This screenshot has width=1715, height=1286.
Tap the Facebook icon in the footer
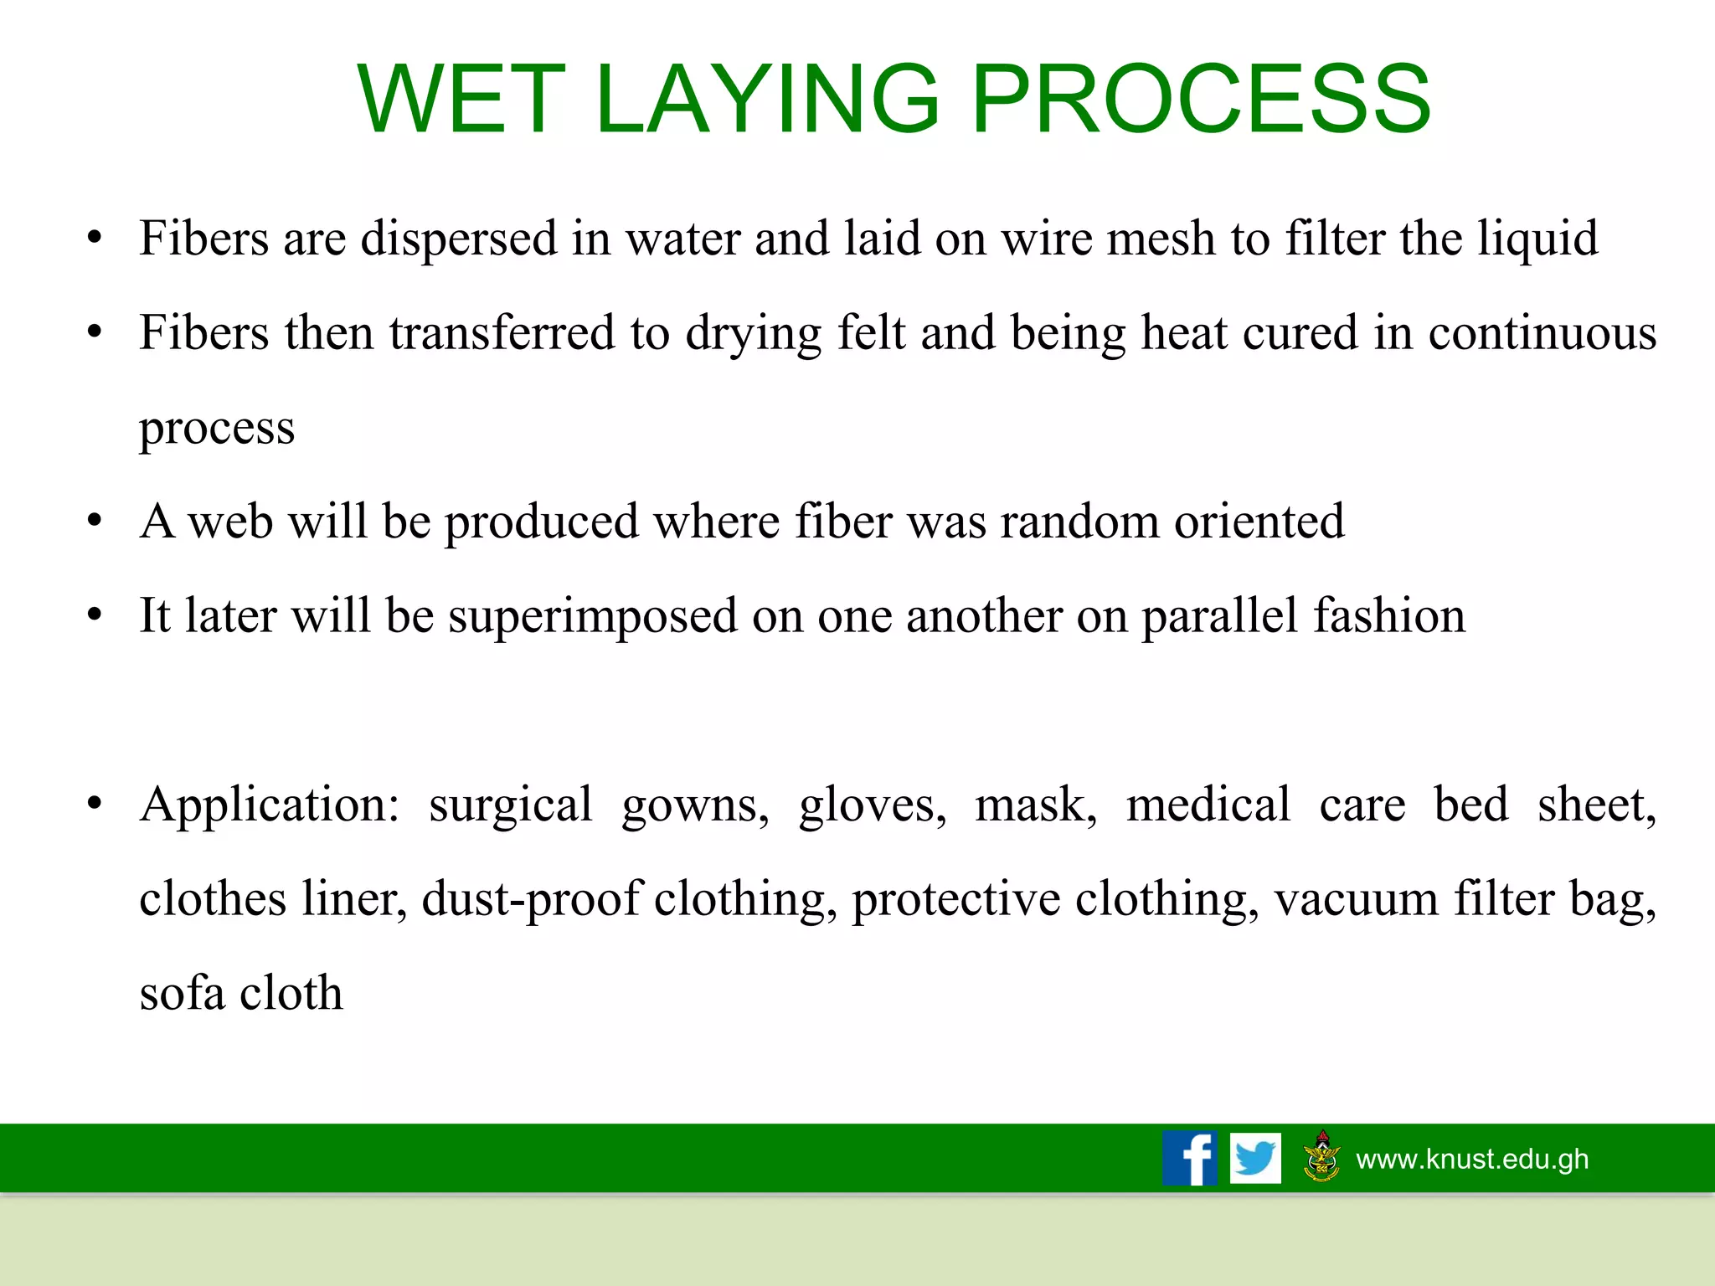pyautogui.click(x=1189, y=1158)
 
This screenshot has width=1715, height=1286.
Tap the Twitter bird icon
pyautogui.click(x=1254, y=1158)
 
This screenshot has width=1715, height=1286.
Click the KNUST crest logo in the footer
pyautogui.click(x=1322, y=1156)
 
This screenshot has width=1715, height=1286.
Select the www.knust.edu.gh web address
pyautogui.click(x=1472, y=1159)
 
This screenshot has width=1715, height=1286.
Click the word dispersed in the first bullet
pyautogui.click(x=458, y=239)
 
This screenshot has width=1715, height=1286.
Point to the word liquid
pyautogui.click(x=1537, y=239)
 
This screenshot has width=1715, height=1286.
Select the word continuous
pyautogui.click(x=1542, y=333)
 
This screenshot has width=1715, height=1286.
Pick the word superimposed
pyautogui.click(x=593, y=617)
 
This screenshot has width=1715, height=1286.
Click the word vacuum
pyautogui.click(x=1357, y=900)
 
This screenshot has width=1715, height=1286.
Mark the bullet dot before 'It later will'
pyautogui.click(x=95, y=615)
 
